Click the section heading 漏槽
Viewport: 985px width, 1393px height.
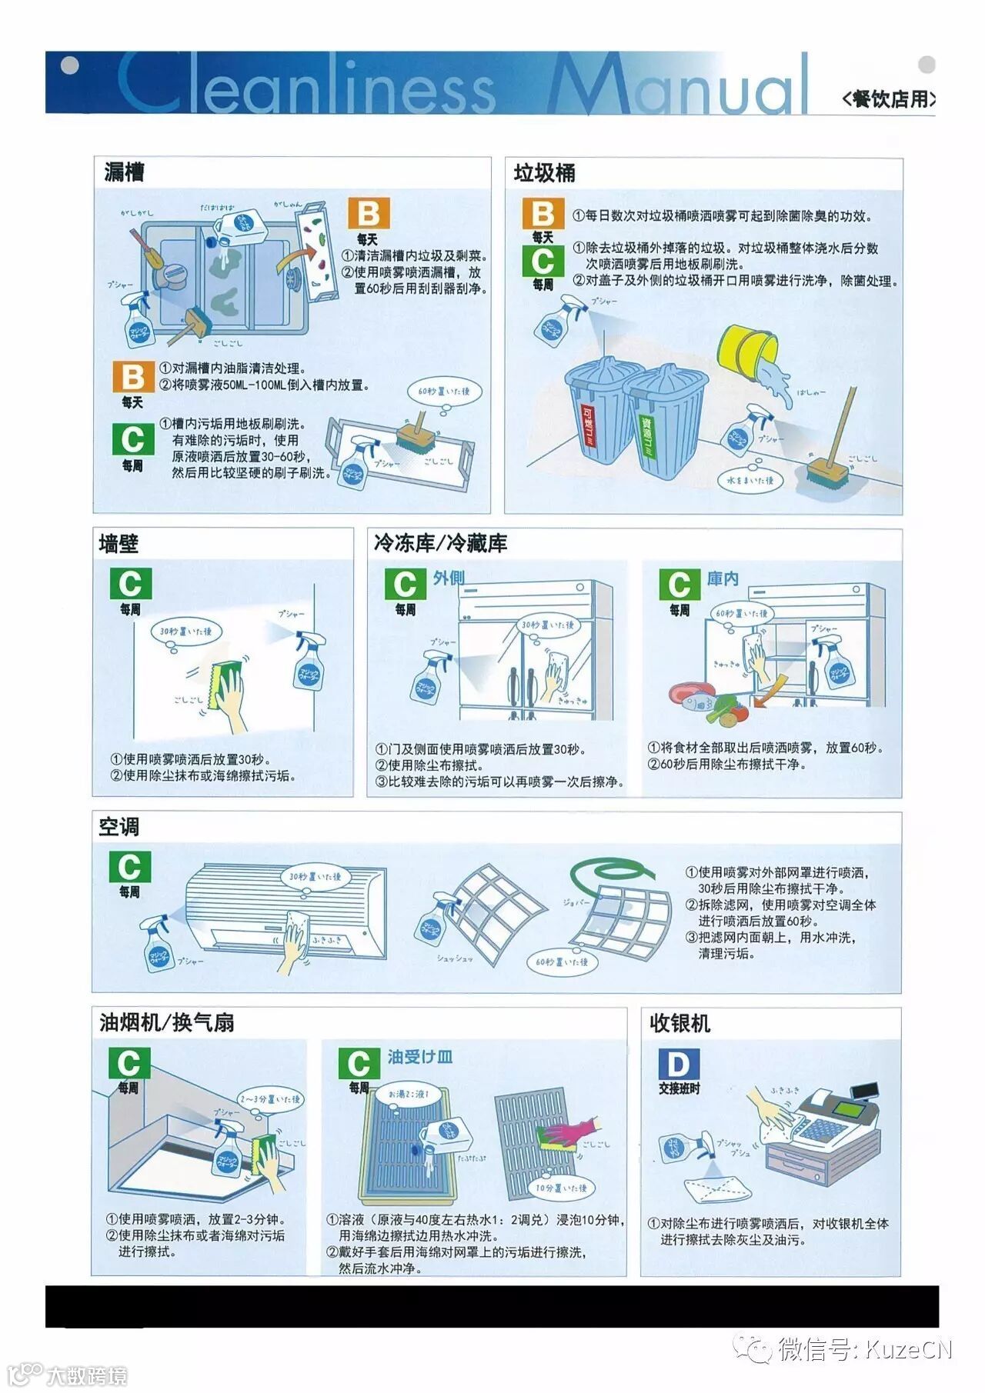click(x=124, y=172)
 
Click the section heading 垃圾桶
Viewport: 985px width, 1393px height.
click(x=544, y=173)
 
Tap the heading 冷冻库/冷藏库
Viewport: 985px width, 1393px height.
click(x=440, y=543)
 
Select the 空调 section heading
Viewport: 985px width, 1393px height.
click(x=119, y=826)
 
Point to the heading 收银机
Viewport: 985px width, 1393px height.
click(x=679, y=1023)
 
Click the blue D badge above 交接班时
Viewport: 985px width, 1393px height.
click(x=679, y=1065)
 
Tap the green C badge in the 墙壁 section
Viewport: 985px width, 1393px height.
click(x=130, y=584)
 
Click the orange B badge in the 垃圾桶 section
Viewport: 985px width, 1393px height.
click(x=543, y=213)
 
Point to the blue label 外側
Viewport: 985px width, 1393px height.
click(x=448, y=578)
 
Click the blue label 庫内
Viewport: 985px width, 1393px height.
click(x=723, y=578)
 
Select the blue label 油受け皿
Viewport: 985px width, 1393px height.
click(x=419, y=1057)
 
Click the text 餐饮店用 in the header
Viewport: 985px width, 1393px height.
click(x=890, y=98)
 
